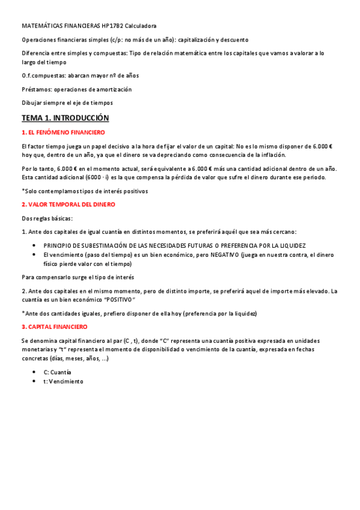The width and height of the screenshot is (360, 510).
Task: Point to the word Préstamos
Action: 35,89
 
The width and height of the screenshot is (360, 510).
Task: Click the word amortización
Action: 112,89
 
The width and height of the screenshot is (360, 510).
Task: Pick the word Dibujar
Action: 32,103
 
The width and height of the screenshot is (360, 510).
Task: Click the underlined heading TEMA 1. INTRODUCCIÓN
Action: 65,118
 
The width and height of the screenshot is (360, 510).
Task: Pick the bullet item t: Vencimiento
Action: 63,381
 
